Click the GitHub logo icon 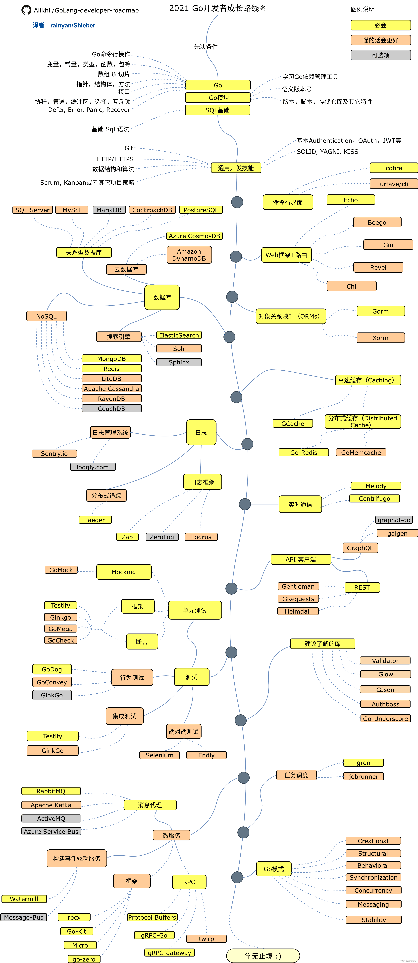(x=26, y=10)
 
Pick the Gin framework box (x=388, y=245)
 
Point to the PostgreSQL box (x=201, y=210)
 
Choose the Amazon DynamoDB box (x=189, y=255)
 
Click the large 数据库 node (x=162, y=297)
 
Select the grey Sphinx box (x=179, y=362)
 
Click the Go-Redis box (x=304, y=452)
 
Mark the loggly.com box (x=93, y=467)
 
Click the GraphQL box (x=360, y=548)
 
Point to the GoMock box (x=61, y=570)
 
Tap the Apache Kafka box (x=51, y=805)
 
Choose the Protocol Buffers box (x=152, y=917)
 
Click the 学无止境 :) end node (x=263, y=956)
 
